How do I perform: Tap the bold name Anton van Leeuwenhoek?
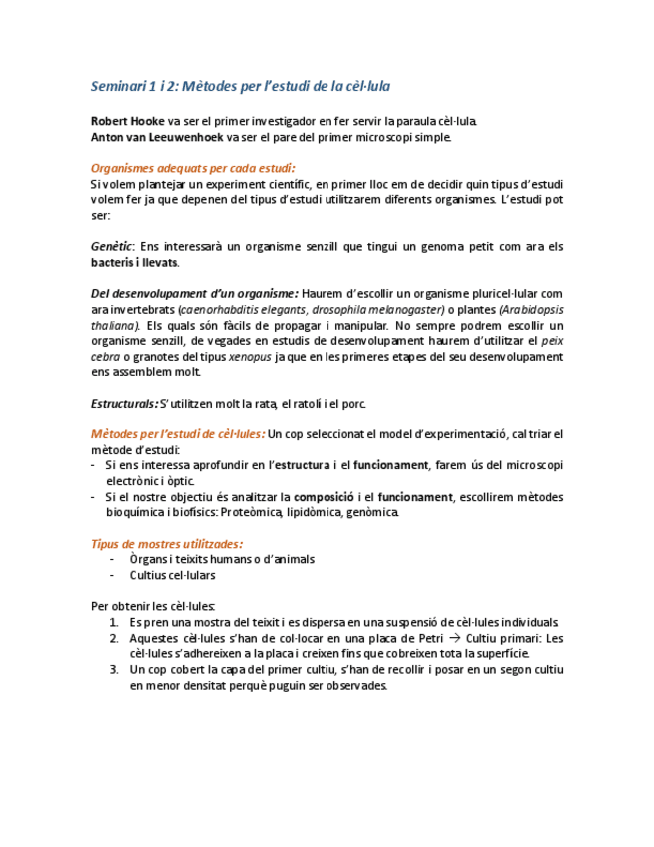point(157,137)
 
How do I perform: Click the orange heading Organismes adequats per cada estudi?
point(192,168)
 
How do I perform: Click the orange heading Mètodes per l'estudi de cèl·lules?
point(177,434)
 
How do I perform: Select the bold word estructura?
point(305,465)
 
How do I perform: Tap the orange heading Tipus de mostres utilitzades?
point(165,544)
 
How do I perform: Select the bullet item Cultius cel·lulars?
point(172,575)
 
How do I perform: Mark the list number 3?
point(114,669)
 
